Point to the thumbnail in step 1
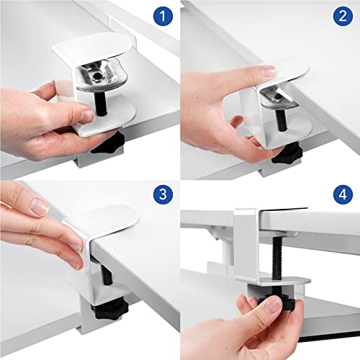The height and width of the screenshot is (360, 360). [x=85, y=115]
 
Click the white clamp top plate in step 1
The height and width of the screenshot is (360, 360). [x=94, y=50]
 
